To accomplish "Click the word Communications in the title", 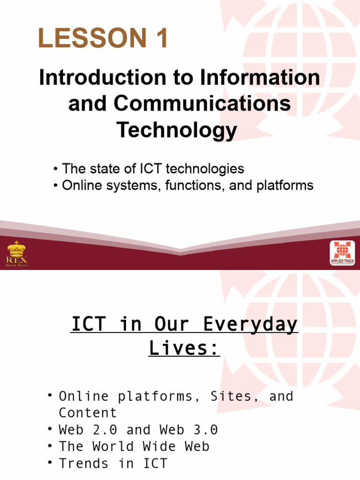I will pos(202,104).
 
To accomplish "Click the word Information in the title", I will pos(261,78).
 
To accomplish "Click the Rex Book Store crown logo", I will pos(16,253).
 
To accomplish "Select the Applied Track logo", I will pos(342,253).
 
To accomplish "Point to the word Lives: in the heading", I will pos(184,348).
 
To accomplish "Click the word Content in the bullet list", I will pos(88,413).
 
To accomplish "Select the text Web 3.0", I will pos(188,430).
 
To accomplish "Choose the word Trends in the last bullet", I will pos(88,464).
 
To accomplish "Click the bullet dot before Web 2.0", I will pos(49,429).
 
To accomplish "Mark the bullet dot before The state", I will pos(55,169).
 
